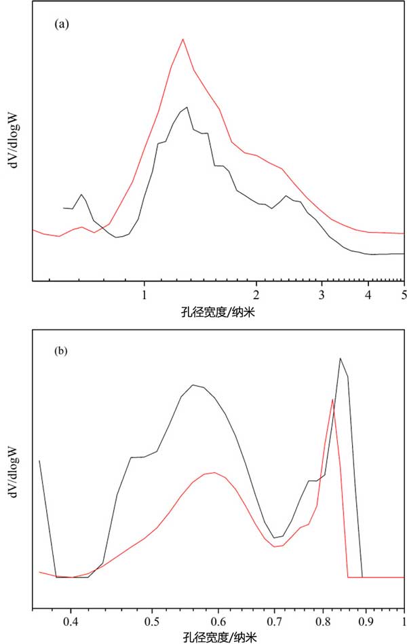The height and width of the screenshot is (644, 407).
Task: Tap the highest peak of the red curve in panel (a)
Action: click(182, 39)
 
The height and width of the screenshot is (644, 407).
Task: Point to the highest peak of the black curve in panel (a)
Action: click(185, 107)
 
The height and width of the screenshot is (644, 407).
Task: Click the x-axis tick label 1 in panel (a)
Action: click(144, 295)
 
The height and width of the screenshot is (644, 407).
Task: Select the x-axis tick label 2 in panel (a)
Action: click(256, 295)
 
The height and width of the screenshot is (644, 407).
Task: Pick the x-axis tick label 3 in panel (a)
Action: click(322, 295)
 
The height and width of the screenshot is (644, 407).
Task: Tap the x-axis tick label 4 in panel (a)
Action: click(368, 295)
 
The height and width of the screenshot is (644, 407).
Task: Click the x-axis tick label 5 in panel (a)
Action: click(404, 295)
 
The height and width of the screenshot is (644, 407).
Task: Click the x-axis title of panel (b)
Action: click(219, 637)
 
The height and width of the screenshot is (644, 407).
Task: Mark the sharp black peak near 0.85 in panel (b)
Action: click(340, 358)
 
